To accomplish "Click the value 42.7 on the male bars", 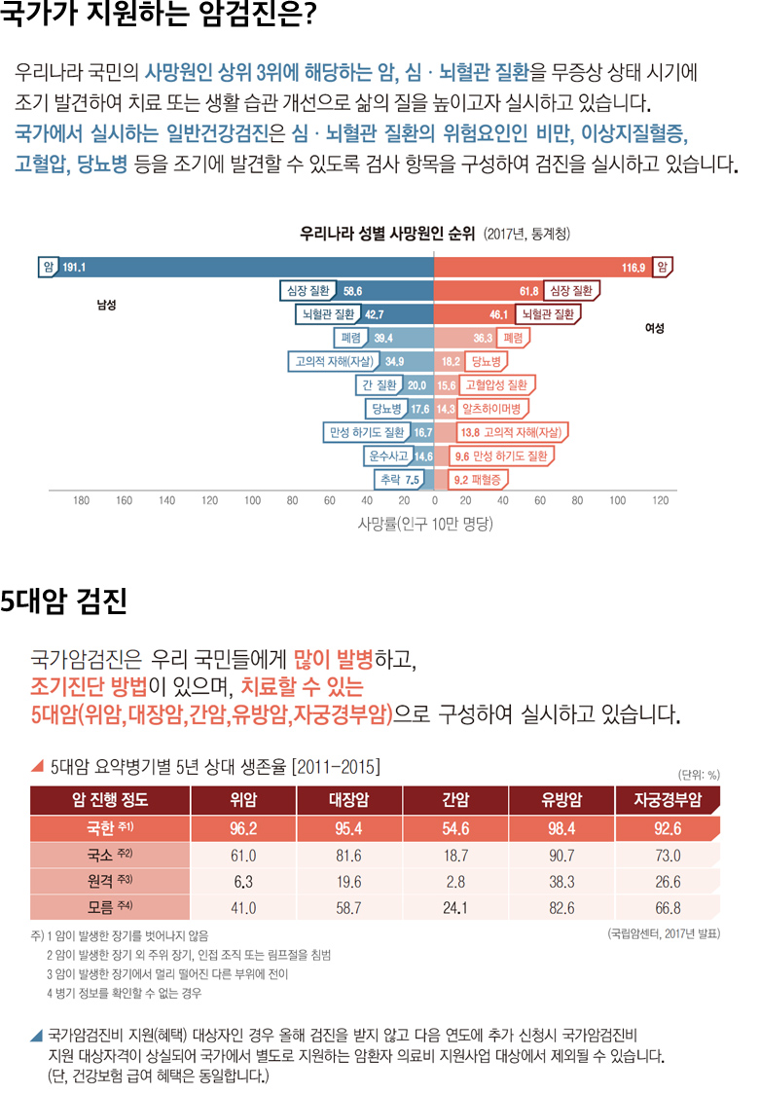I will (375, 314).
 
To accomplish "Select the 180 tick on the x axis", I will (82, 500).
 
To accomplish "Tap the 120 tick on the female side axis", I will (661, 500).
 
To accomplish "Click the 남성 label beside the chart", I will (106, 306).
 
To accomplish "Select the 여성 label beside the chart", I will (654, 329).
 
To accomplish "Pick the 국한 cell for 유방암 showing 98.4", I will (561, 830).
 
